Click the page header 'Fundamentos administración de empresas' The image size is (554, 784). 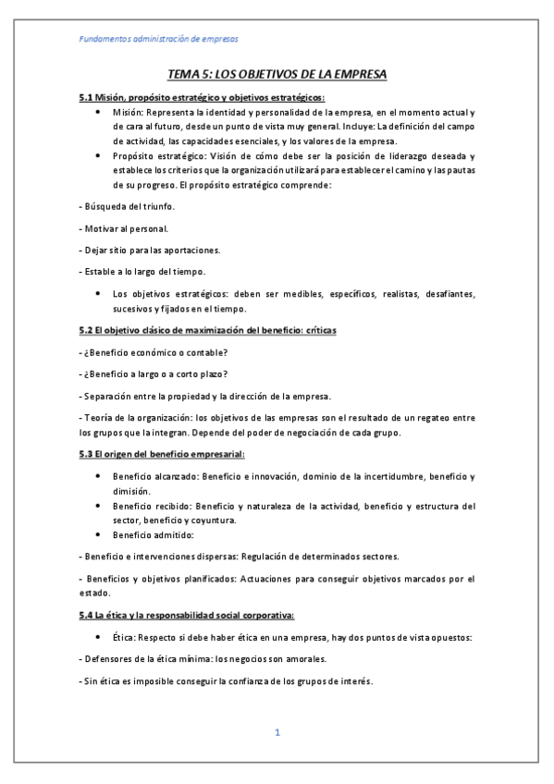coord(158,40)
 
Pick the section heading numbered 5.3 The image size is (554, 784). coord(161,455)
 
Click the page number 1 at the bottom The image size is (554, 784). coord(277,732)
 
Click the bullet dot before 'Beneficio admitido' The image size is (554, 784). coord(100,534)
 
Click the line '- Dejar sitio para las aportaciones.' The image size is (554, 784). coord(148,250)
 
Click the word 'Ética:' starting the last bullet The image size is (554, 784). coord(127,638)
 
